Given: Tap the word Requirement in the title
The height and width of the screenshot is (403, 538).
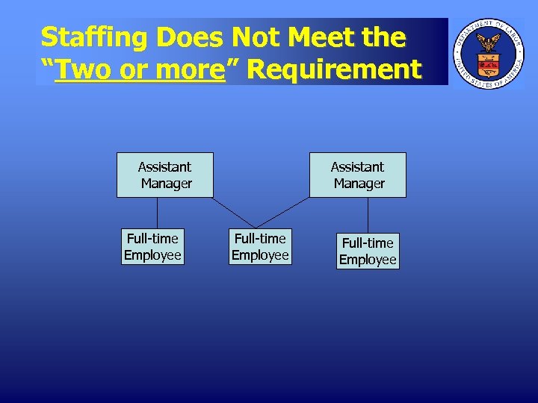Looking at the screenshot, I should (334, 69).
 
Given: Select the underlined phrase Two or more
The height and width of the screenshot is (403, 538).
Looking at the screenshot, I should (140, 69).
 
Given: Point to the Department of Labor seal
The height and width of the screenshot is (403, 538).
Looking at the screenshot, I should (489, 53).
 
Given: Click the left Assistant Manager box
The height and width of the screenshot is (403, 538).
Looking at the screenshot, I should (164, 175).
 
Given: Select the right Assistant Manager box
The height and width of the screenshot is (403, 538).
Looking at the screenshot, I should (357, 175).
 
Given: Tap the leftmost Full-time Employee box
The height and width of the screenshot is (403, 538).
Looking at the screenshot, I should (152, 246).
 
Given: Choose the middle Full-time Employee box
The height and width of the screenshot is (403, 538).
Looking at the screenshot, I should (260, 246).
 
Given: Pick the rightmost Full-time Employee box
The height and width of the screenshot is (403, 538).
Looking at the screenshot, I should (368, 251).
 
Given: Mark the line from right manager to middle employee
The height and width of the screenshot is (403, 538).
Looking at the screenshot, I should (283, 212).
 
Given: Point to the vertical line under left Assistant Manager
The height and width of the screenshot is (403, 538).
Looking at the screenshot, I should (158, 212).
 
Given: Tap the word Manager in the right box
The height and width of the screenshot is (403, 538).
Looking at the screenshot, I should (359, 184).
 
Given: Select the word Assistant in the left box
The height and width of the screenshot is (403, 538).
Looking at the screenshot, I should (164, 166).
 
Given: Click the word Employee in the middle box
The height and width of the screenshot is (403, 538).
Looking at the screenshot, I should (260, 255).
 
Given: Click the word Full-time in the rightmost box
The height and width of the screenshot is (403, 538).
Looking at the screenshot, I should (368, 243).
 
